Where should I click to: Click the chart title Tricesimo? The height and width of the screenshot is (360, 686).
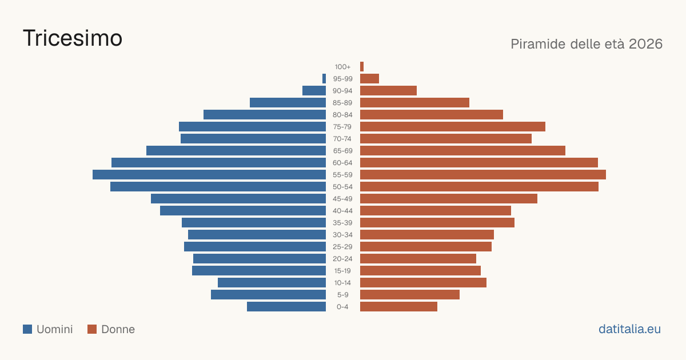tap(73, 38)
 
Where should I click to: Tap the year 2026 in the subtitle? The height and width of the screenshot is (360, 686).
tap(645, 44)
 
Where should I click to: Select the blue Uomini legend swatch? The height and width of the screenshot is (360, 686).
tap(27, 329)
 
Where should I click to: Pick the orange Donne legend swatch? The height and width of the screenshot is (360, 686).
tap(92, 329)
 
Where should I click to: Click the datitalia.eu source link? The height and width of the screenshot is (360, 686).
tap(629, 329)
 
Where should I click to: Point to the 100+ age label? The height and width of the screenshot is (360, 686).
tap(342, 67)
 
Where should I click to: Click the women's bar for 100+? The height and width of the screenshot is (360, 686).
tap(362, 67)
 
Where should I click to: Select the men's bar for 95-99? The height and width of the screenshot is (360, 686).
tap(324, 79)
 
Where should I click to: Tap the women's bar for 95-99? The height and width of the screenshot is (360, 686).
tap(369, 79)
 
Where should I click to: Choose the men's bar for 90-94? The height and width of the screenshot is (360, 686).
tap(314, 91)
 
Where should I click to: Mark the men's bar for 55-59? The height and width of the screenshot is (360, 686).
tap(209, 175)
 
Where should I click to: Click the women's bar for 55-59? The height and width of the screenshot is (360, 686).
tap(483, 175)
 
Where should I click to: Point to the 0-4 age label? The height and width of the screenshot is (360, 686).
tap(342, 307)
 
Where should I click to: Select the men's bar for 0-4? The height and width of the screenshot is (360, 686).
tap(286, 307)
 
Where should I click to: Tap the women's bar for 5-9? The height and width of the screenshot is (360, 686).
tap(410, 295)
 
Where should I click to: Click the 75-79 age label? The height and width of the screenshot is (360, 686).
tap(342, 127)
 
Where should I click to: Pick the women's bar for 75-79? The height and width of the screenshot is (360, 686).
tap(453, 127)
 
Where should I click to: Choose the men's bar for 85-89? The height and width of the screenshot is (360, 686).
tap(288, 102)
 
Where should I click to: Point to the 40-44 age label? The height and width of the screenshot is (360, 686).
tap(342, 211)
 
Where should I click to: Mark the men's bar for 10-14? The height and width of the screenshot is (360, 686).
tap(272, 282)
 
